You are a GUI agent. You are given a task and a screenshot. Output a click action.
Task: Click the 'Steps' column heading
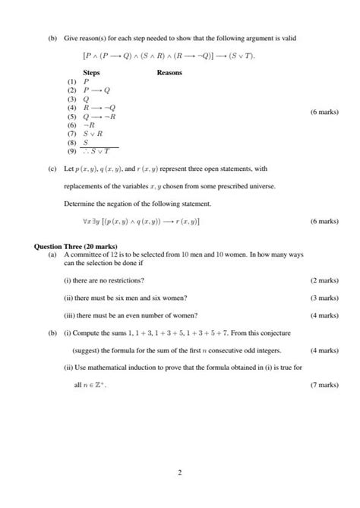click(x=91, y=72)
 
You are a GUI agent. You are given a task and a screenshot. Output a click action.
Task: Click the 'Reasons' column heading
click(x=169, y=72)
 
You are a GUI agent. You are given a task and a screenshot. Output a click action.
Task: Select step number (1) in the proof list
click(x=72, y=81)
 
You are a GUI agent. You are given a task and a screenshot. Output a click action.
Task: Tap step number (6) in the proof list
click(x=72, y=125)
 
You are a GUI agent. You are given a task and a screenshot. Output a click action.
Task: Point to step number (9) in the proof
click(x=72, y=150)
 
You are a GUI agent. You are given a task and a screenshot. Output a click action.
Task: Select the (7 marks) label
click(x=324, y=385)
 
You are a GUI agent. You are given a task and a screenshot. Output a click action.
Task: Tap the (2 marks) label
click(x=324, y=280)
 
